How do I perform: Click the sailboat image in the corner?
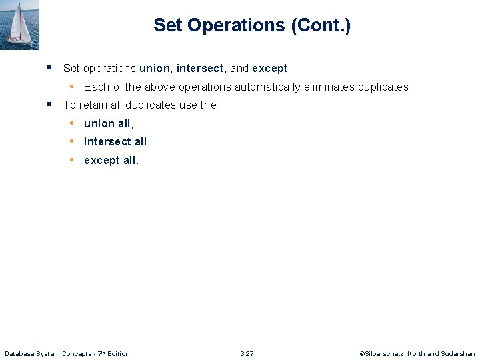[x=19, y=24]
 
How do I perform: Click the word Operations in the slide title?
[x=237, y=26]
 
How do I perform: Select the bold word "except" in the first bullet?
[x=270, y=68]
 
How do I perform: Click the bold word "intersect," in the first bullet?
[x=201, y=68]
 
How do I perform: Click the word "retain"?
[x=93, y=105]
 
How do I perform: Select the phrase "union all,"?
[x=109, y=123]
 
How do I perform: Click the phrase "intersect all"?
[x=115, y=141]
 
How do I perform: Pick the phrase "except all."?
[x=111, y=160]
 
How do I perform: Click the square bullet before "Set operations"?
[x=49, y=67]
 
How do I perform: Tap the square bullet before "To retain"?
[x=49, y=104]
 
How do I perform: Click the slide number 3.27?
[x=247, y=353]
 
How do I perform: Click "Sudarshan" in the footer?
[x=458, y=353]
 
